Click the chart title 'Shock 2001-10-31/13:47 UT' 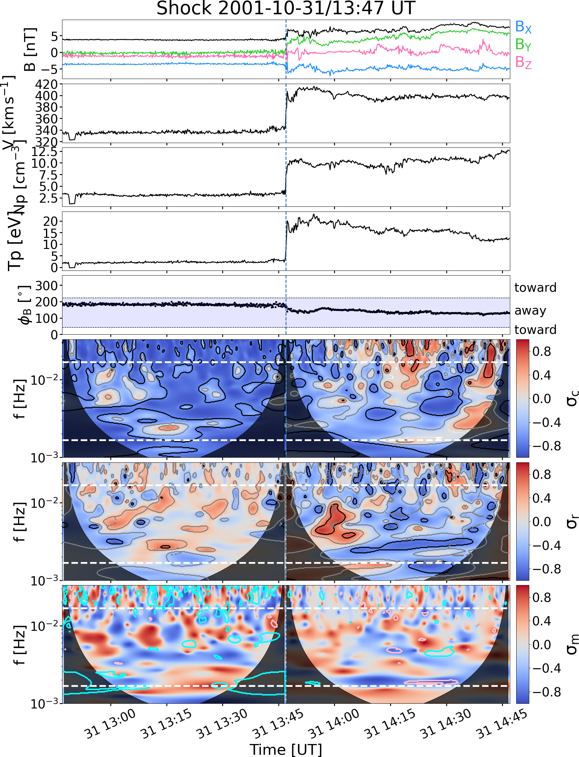coord(286,8)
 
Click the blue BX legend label coord(523,27)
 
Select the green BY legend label coord(523,44)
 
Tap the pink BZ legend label coord(523,62)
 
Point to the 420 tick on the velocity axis coord(47,84)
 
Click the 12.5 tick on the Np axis coord(44,152)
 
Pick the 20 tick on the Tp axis coord(50,222)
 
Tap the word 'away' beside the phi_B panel coord(530,311)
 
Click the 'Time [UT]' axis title coord(286,749)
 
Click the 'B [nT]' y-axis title coord(30,49)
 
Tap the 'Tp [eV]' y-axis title coord(16,241)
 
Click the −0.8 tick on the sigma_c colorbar coord(547,446)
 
